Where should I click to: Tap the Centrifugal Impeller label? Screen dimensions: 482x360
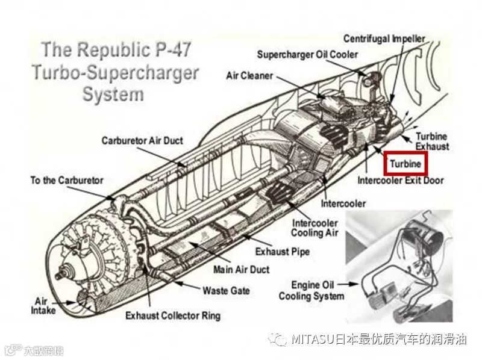[x=384, y=39]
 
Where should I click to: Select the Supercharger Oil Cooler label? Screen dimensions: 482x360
[x=307, y=55]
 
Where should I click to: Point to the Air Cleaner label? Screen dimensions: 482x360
[x=249, y=76]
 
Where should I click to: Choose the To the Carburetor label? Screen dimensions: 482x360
[x=67, y=180]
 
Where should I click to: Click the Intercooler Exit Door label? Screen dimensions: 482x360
[x=400, y=180]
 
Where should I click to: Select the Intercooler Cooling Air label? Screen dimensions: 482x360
[x=315, y=227]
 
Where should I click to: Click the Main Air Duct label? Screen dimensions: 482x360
[x=241, y=269]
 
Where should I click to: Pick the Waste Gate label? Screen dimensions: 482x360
[x=226, y=290]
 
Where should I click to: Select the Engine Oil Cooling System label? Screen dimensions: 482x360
[x=311, y=290]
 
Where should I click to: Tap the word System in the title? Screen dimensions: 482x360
[x=113, y=95]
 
